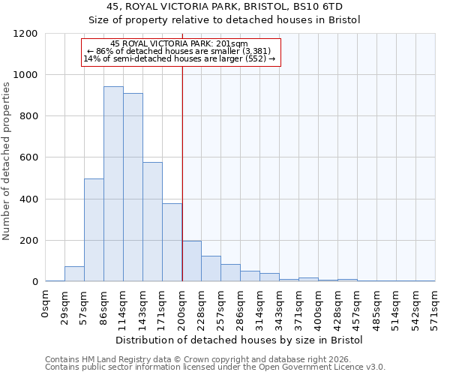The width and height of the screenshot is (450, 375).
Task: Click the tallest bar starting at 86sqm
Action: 113,184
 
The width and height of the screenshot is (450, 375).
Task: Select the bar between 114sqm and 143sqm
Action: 133,187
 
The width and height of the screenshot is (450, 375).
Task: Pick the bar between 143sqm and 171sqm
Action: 152,222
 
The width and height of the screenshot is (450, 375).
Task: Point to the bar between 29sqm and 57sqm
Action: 74,274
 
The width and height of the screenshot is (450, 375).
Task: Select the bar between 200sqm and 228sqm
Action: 192,261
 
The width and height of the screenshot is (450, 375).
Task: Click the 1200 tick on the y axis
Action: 25,34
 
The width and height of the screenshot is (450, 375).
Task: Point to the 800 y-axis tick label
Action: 28,116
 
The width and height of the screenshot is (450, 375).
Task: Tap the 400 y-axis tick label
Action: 28,199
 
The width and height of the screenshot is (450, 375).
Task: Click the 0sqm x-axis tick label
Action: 46,304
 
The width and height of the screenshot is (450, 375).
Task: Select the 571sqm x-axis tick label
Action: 435,307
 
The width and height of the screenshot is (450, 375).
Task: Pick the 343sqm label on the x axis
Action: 280,307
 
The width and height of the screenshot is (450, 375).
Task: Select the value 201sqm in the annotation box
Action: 244,44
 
